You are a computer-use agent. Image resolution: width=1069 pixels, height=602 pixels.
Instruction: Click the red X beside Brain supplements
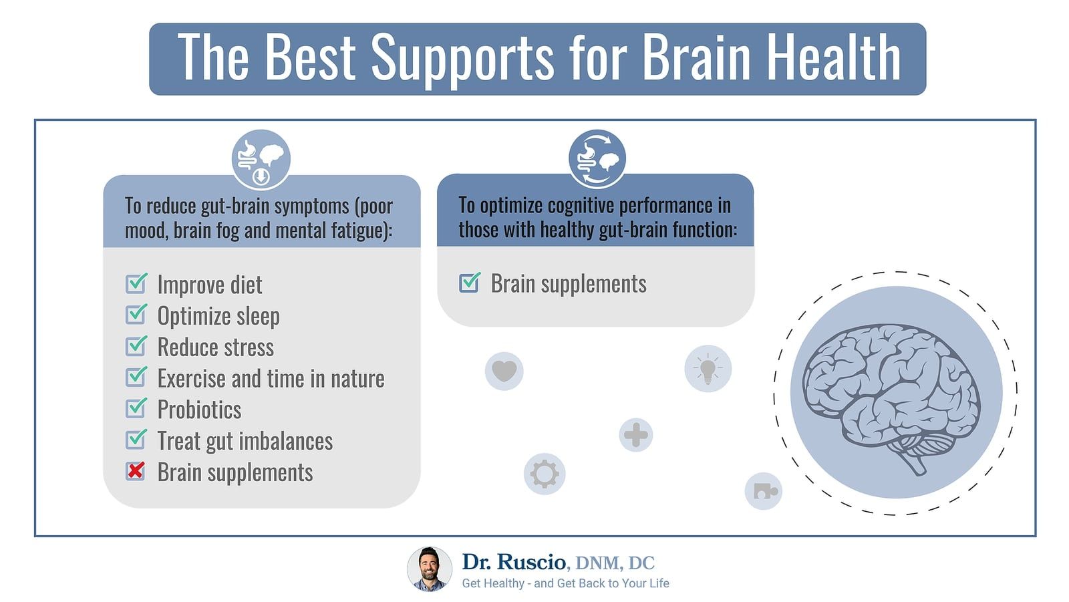click(136, 471)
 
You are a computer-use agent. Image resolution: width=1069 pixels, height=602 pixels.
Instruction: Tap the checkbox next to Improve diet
click(136, 283)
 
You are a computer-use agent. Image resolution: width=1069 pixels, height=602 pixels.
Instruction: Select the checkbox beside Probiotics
click(136, 408)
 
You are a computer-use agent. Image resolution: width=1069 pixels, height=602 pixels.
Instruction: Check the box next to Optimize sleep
click(136, 315)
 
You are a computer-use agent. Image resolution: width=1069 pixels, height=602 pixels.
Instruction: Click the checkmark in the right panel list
click(470, 282)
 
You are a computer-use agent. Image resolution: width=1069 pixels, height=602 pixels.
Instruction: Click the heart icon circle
click(504, 371)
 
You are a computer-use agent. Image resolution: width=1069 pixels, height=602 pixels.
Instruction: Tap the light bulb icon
click(708, 369)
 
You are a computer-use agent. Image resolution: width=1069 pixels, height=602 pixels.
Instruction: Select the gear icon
click(545, 474)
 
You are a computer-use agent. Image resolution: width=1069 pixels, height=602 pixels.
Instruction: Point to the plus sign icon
click(635, 435)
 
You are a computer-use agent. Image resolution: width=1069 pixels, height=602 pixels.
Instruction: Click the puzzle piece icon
click(764, 491)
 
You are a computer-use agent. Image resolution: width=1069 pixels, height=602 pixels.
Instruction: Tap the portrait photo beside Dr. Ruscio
click(430, 569)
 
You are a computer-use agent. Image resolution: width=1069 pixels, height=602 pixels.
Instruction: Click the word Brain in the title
click(696, 57)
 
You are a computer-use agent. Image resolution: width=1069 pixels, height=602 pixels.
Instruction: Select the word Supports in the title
click(462, 59)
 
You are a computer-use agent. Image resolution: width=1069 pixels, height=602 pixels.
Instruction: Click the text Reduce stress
click(216, 347)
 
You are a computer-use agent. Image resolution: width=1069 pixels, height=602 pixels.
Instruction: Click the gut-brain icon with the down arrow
click(261, 160)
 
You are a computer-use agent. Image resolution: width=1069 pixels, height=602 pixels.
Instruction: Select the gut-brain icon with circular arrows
click(597, 159)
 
